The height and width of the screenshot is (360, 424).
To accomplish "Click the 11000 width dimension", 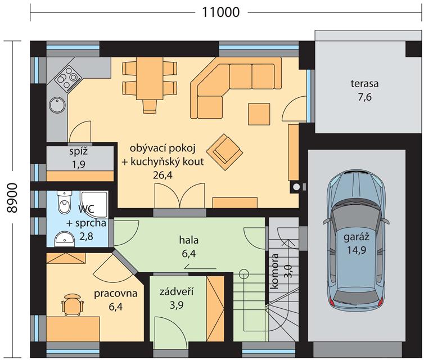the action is pos(221,12).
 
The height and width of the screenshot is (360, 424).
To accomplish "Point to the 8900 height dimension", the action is pos(12,198).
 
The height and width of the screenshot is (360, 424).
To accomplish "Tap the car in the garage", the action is pos(356,241).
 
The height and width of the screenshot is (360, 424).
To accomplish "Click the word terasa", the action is pos(364,84).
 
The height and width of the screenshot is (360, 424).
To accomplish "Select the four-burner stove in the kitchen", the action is pos(67,78).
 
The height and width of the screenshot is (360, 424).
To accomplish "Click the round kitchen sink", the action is pos(57,105).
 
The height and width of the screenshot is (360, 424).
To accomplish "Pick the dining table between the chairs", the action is pos(150,78).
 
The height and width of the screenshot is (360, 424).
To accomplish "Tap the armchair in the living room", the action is pos(224,152).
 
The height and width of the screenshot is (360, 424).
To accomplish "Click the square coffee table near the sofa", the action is pos(259,114).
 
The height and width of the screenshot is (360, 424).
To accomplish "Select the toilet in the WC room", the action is pos(64,203).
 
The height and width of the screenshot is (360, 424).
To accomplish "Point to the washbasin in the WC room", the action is pos(64,239).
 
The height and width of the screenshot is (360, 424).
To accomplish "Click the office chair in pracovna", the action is pos(72,304).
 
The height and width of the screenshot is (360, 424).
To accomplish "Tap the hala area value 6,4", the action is pos(189,254).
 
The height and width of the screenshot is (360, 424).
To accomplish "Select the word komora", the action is pos(274,271).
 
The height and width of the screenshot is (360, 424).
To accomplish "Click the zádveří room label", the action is pos(177,291).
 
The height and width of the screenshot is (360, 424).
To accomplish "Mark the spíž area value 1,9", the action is pos(79,164).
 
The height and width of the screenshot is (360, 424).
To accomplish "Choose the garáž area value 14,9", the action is pos(357,250).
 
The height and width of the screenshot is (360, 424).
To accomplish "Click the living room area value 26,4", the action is pos(163,175).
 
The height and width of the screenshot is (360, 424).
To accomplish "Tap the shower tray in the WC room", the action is pos(94,204).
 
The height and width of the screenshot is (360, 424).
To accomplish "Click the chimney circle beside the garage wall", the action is pos(296,187).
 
